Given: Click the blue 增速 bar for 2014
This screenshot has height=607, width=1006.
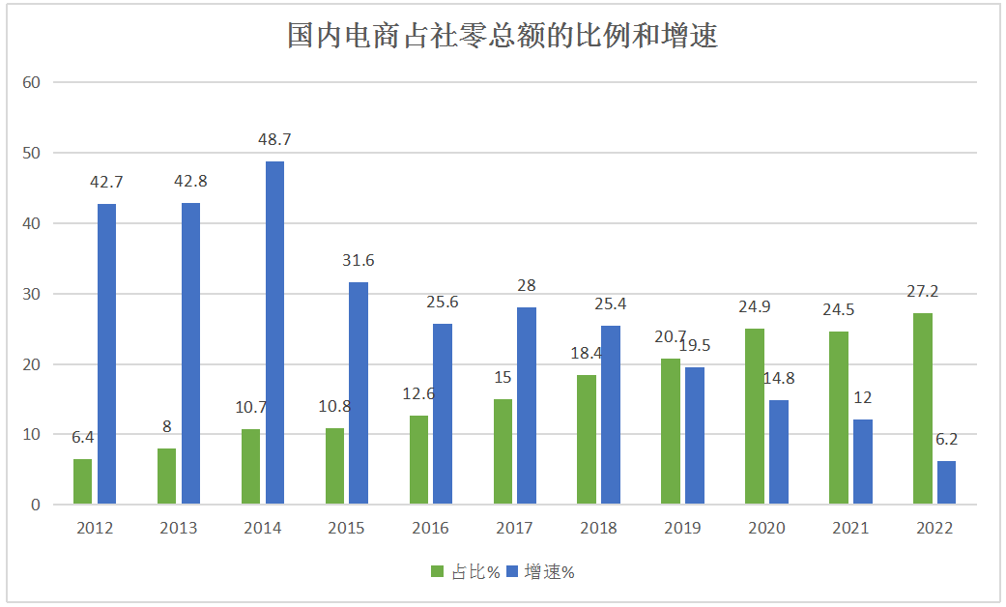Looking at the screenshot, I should [274, 332].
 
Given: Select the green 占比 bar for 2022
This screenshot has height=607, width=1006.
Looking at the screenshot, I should [923, 408].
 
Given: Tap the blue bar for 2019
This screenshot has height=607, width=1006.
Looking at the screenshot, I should [694, 435].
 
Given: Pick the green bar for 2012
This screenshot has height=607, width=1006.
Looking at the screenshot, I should [82, 481].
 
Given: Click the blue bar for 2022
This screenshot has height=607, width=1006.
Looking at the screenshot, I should [946, 482].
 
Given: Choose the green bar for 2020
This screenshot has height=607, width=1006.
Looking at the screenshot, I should [755, 416].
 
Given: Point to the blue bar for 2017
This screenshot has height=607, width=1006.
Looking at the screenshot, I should [527, 405].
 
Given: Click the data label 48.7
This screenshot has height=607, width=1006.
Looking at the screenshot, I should [274, 139].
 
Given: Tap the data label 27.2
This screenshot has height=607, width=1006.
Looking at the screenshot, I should [923, 291].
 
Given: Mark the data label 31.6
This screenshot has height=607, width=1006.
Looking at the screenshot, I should [358, 260].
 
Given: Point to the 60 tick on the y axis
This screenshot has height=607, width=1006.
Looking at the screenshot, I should [31, 83].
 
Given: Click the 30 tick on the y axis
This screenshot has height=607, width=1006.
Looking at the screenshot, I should [31, 294].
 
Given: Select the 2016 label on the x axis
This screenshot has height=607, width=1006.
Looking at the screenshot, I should [430, 528].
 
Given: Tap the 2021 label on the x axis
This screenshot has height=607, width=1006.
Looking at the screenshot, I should [849, 528].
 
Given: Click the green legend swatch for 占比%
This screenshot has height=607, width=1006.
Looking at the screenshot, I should [437, 572].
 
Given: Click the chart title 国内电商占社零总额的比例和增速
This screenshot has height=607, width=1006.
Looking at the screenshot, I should [503, 37].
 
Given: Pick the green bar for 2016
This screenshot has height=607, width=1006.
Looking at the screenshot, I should [418, 459].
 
